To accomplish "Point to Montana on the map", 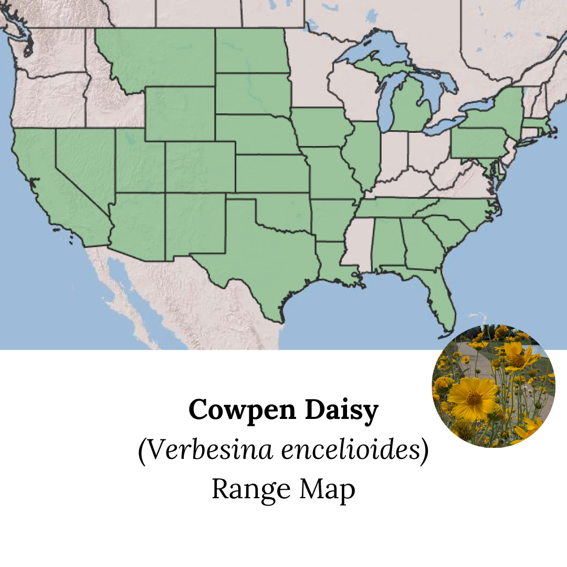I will [157, 58].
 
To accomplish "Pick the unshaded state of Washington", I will [50, 52].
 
